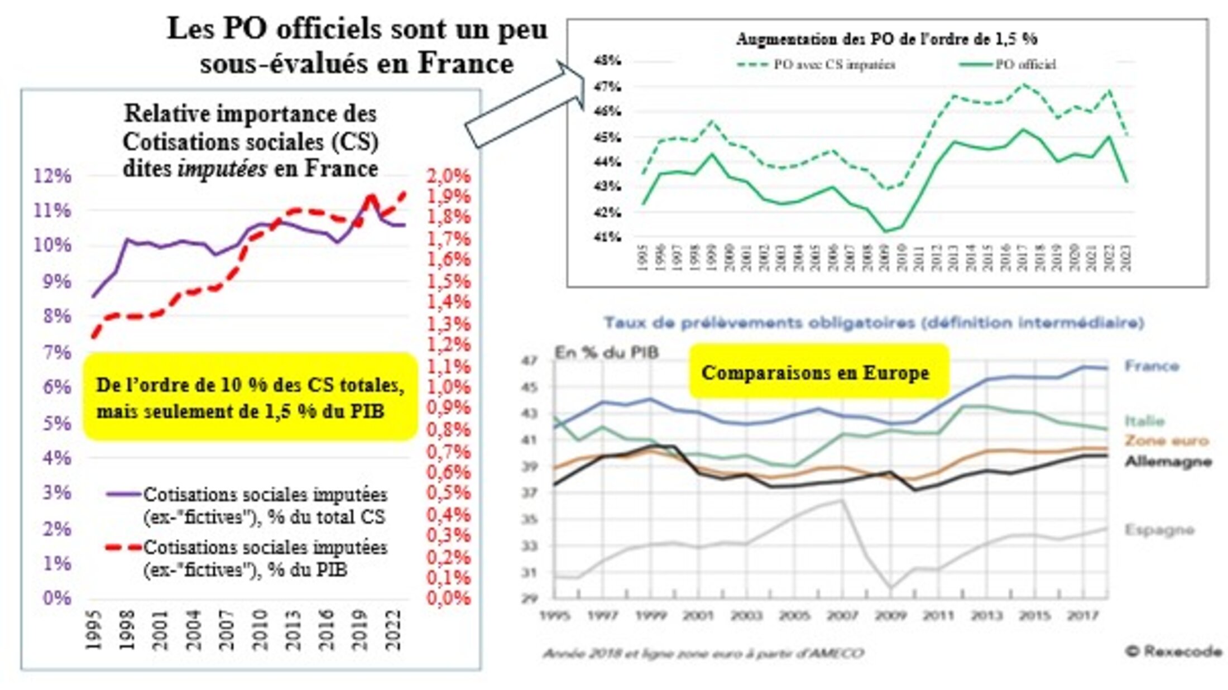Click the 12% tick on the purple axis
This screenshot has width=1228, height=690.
click(x=53, y=176)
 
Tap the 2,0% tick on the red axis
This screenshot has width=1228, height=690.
click(x=448, y=176)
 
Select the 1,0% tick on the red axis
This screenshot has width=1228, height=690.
click(x=448, y=387)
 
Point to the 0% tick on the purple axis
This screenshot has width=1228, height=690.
click(x=57, y=598)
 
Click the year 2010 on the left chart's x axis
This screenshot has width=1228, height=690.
click(x=259, y=630)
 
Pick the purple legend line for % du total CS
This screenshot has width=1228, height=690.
click(x=123, y=494)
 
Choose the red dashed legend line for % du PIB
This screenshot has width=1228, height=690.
click(x=123, y=547)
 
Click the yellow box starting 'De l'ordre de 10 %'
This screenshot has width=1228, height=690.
click(x=251, y=397)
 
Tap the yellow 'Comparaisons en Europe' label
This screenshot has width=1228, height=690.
click(x=816, y=372)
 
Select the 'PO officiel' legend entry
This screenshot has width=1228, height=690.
click(x=1008, y=64)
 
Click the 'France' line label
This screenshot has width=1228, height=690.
click(x=1152, y=366)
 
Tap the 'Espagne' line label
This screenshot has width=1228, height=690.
click(x=1159, y=529)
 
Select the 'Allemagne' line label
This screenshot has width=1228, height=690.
click(x=1168, y=462)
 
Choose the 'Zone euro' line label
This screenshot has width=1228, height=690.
click(x=1166, y=440)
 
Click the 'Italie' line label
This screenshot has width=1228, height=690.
click(x=1144, y=420)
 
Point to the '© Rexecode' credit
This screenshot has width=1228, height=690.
click(x=1173, y=651)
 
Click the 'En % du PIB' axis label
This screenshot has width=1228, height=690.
click(x=606, y=352)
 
